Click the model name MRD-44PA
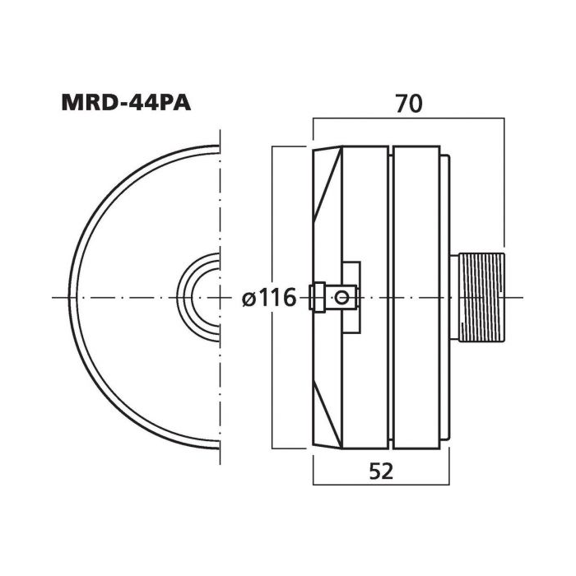(x=126, y=103)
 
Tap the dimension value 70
(x=408, y=104)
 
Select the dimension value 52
(x=381, y=471)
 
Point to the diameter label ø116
(x=269, y=297)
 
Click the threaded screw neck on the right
(x=482, y=297)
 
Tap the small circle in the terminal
(x=342, y=297)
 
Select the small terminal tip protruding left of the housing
(x=318, y=297)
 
